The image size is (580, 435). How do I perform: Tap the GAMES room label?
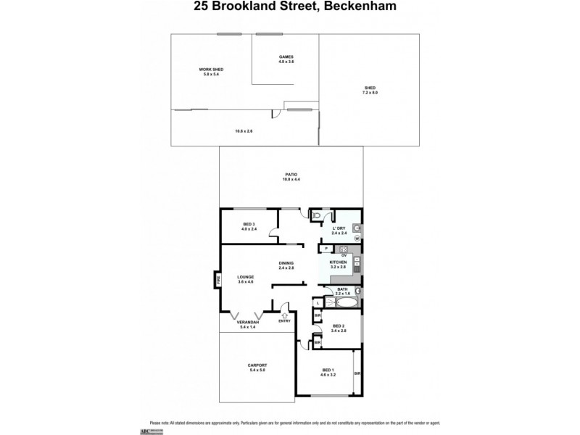(286, 59)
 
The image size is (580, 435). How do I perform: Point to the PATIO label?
(291, 175)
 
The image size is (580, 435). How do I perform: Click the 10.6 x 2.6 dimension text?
(244, 130)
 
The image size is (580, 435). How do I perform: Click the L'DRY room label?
(338, 229)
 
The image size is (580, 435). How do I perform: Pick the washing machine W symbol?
(357, 239)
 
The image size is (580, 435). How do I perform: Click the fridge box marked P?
(328, 250)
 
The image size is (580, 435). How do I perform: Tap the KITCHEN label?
(339, 264)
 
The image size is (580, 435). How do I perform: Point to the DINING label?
(286, 265)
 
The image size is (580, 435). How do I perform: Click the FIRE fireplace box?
(216, 279)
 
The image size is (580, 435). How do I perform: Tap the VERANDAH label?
(247, 324)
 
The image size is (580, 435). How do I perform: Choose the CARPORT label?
(257, 367)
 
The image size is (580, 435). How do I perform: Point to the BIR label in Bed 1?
(357, 373)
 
